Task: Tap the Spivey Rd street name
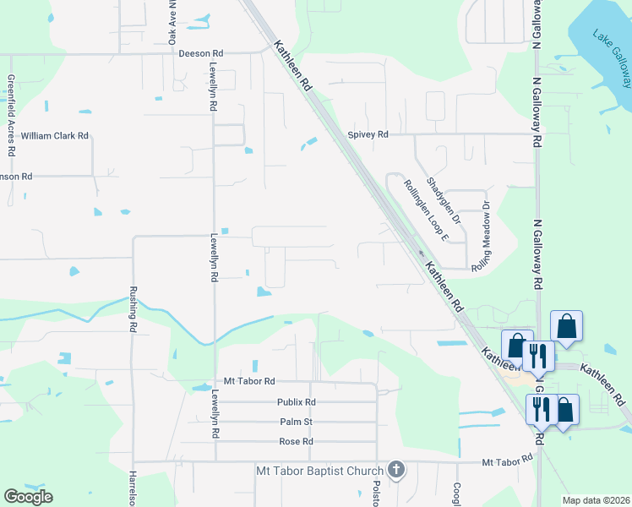[368, 134]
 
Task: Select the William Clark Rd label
[55, 135]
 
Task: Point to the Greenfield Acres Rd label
[12, 115]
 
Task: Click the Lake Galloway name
[612, 60]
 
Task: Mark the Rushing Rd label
[133, 308]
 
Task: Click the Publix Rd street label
[296, 402]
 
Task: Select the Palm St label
[296, 422]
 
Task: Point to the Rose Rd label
[296, 442]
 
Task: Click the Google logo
[28, 496]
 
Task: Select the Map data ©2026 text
[595, 500]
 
